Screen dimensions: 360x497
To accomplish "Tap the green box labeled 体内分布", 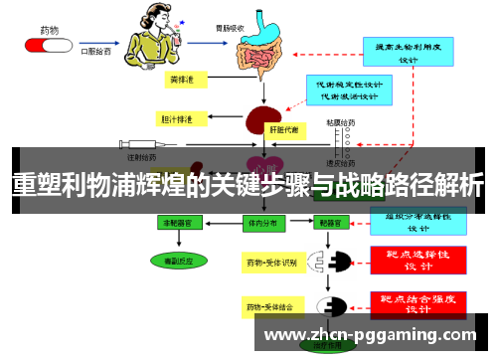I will tap(262, 225).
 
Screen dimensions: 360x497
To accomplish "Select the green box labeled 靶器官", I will tap(330, 225).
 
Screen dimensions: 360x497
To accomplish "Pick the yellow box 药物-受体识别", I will tap(270, 262).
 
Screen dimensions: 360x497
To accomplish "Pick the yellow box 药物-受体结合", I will tap(270, 306).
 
